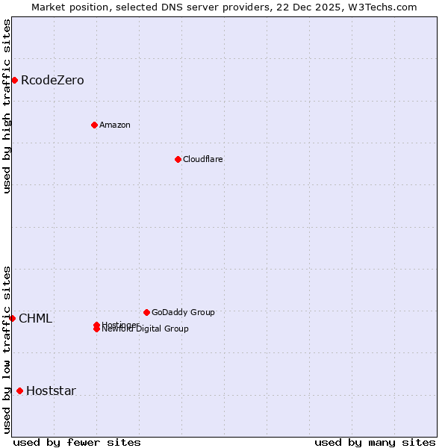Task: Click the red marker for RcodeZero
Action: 14,80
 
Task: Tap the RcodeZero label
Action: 52,81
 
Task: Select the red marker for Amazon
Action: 94,125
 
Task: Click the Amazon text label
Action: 115,125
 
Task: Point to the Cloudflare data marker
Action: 178,159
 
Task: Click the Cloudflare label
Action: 203,159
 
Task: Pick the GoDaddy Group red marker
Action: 146,312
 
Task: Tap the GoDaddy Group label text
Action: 183,312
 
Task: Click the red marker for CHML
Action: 12,318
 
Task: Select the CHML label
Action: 35,319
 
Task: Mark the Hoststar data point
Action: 19,391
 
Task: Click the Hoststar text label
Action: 51,391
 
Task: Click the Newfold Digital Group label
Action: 146,329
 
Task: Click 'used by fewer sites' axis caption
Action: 77,442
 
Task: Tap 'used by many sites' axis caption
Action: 375,442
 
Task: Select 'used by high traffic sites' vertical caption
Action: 7,106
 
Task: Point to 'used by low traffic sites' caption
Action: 7,349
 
